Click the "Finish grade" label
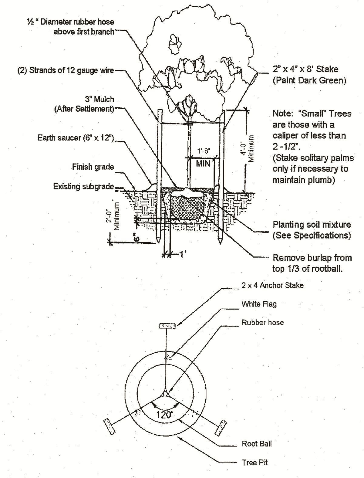coord(93,167)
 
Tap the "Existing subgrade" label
coord(83,186)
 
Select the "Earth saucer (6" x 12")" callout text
coord(76,137)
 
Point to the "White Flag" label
coord(259,304)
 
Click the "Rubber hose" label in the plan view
coord(263,323)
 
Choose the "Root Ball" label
coord(257,444)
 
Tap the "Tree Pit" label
coord(254,462)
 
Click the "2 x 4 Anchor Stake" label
coord(272,285)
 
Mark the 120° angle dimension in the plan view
coord(164,415)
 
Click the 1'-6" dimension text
coord(204,151)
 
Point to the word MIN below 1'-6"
coord(203,163)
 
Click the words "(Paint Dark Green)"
coord(309,80)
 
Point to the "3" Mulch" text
coord(99,99)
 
